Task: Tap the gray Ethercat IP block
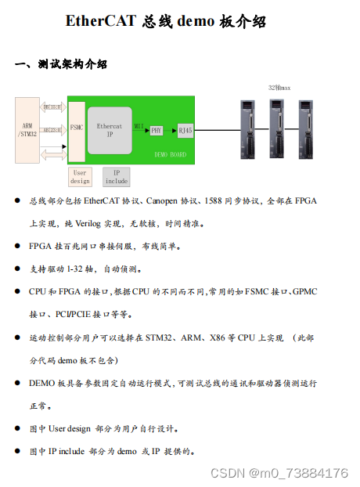point(110,130)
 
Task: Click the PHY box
point(157,131)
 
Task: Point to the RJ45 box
point(185,130)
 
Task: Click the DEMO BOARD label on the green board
point(170,155)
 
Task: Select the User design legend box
point(80,177)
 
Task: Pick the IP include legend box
point(116,177)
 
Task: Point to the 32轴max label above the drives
point(279,88)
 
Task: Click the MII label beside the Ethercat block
point(139,124)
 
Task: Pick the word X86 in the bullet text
point(218,337)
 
